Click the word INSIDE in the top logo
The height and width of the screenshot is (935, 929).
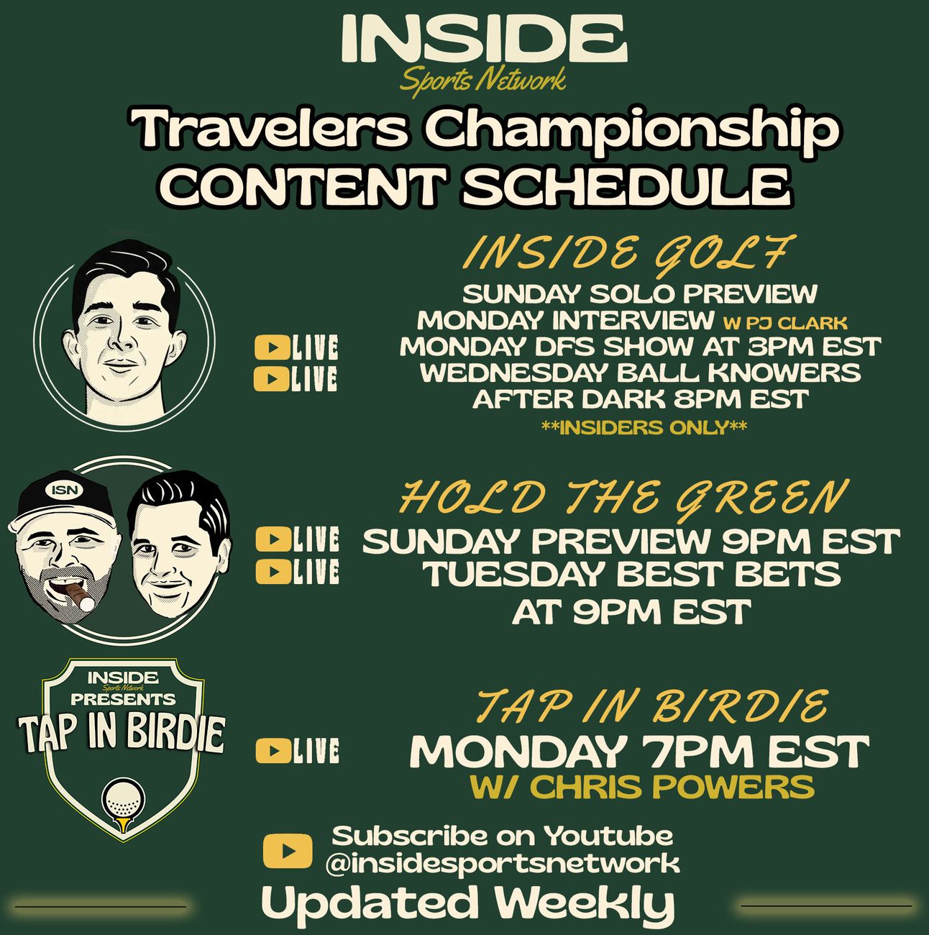(x=484, y=38)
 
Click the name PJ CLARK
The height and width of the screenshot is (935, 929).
(x=794, y=323)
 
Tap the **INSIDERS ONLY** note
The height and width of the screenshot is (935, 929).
(x=644, y=427)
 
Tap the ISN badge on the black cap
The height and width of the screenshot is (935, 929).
(x=65, y=491)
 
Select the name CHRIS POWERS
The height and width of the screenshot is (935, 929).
(x=674, y=787)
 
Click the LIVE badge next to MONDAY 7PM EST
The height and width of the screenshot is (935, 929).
(x=297, y=751)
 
